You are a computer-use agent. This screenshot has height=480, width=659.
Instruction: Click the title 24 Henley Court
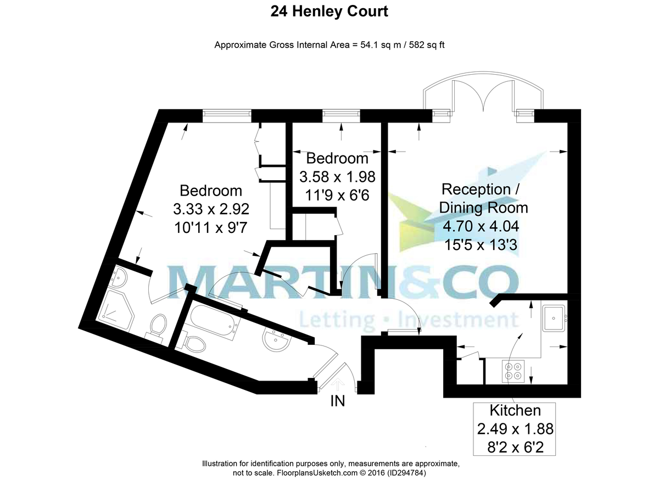tap(329, 12)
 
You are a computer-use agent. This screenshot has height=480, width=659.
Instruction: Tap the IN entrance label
tap(337, 401)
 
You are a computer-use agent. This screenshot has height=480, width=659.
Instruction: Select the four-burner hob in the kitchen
tap(513, 371)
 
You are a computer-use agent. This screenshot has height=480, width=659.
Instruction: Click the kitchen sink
tap(554, 319)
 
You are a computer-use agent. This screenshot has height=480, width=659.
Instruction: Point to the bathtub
tap(215, 321)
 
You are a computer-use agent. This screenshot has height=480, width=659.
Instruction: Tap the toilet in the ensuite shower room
tap(157, 328)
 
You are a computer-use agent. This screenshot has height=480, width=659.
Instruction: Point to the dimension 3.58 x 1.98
tap(337, 177)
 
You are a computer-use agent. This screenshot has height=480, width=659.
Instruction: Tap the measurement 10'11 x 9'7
tap(211, 227)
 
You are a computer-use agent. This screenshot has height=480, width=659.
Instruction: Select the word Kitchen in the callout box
tap(515, 410)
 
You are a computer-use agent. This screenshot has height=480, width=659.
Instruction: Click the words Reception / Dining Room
tap(483, 198)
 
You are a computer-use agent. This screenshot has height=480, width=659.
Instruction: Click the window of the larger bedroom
tap(227, 116)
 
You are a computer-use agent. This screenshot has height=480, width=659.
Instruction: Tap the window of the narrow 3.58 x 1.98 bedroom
tap(341, 116)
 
